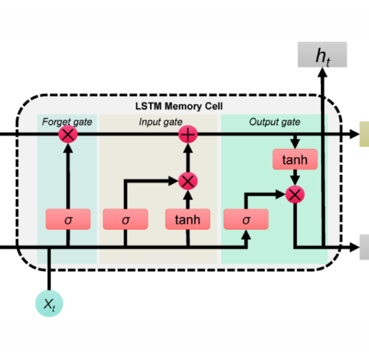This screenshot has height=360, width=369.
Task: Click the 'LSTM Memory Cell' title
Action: pos(179,106)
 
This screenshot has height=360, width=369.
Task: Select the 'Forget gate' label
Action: pos(67,122)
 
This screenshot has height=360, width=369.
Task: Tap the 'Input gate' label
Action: pos(160,122)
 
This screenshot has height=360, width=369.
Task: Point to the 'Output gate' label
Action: pos(274,122)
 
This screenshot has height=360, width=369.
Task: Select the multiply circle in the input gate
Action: pos(187,181)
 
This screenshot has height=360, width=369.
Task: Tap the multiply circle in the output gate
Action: pos(296,194)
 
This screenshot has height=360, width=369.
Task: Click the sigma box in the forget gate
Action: pos(68,219)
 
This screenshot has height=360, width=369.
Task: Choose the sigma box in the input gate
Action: pos(125,219)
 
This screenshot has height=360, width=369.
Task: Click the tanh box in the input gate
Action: pos(187,219)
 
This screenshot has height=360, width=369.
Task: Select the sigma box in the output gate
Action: pos(247,219)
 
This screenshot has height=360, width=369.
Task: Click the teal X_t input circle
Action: pos(49,302)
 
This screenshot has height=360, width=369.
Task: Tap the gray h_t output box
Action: pos(322,55)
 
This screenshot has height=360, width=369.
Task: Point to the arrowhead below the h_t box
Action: pos(322,73)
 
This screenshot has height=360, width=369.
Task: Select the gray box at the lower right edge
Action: pos(364,247)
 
